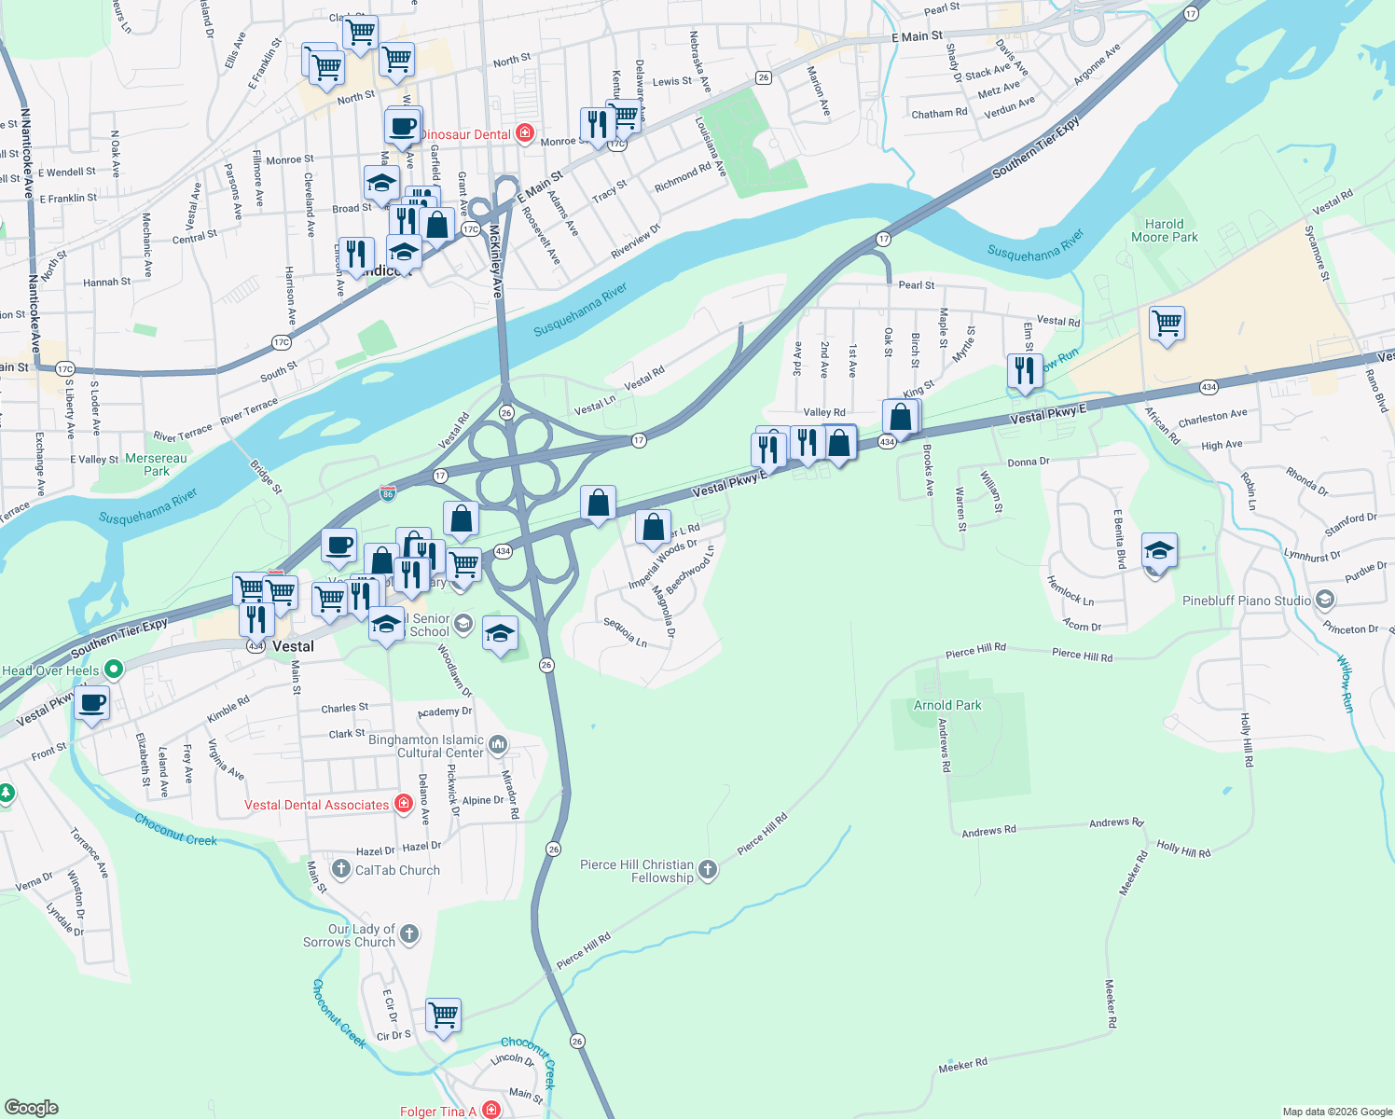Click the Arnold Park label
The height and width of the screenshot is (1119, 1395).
(947, 705)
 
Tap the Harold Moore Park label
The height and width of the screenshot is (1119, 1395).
(1164, 230)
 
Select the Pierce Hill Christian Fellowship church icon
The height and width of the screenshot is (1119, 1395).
(708, 870)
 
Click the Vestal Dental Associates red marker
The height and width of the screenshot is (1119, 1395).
(404, 804)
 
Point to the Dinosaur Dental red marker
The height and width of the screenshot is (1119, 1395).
(525, 133)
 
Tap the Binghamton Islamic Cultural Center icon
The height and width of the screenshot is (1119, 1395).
(498, 744)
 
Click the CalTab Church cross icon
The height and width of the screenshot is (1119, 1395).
(341, 869)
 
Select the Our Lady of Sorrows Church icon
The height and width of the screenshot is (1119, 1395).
(409, 933)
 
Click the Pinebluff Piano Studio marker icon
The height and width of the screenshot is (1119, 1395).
(1325, 600)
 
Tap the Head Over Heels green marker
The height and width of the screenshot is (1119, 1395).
(114, 669)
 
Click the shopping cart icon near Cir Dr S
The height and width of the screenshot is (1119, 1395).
(444, 1015)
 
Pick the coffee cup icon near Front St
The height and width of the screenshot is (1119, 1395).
(91, 703)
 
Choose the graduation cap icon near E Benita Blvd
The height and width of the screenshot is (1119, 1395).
(1159, 550)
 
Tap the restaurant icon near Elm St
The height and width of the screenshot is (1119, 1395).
(1025, 369)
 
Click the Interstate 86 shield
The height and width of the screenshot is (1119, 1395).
(388, 492)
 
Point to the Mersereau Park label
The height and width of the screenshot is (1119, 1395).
(156, 464)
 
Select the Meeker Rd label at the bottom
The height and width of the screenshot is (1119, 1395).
(962, 1065)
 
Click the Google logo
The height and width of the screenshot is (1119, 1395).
(32, 1107)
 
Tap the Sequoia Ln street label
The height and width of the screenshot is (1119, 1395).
(625, 631)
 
